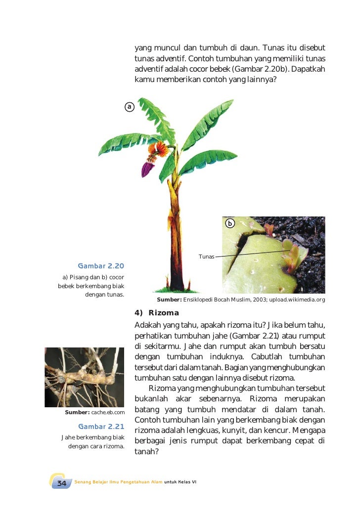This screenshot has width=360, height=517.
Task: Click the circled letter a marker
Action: tap(129, 107)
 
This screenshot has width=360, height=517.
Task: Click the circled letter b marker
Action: tap(230, 223)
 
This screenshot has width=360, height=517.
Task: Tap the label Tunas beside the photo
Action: tap(206, 257)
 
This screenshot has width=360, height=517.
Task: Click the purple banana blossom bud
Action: tap(146, 169)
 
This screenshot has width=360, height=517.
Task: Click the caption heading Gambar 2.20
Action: tap(101, 266)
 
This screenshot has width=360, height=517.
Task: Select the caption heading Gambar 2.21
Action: tap(101, 426)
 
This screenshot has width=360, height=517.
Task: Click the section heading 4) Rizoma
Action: tap(157, 313)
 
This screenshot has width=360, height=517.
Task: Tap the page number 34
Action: tap(61, 483)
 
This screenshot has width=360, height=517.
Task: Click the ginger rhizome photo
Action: tap(84, 377)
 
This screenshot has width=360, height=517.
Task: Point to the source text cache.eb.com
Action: tap(108, 412)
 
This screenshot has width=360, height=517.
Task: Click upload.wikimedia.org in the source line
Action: tap(297, 300)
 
